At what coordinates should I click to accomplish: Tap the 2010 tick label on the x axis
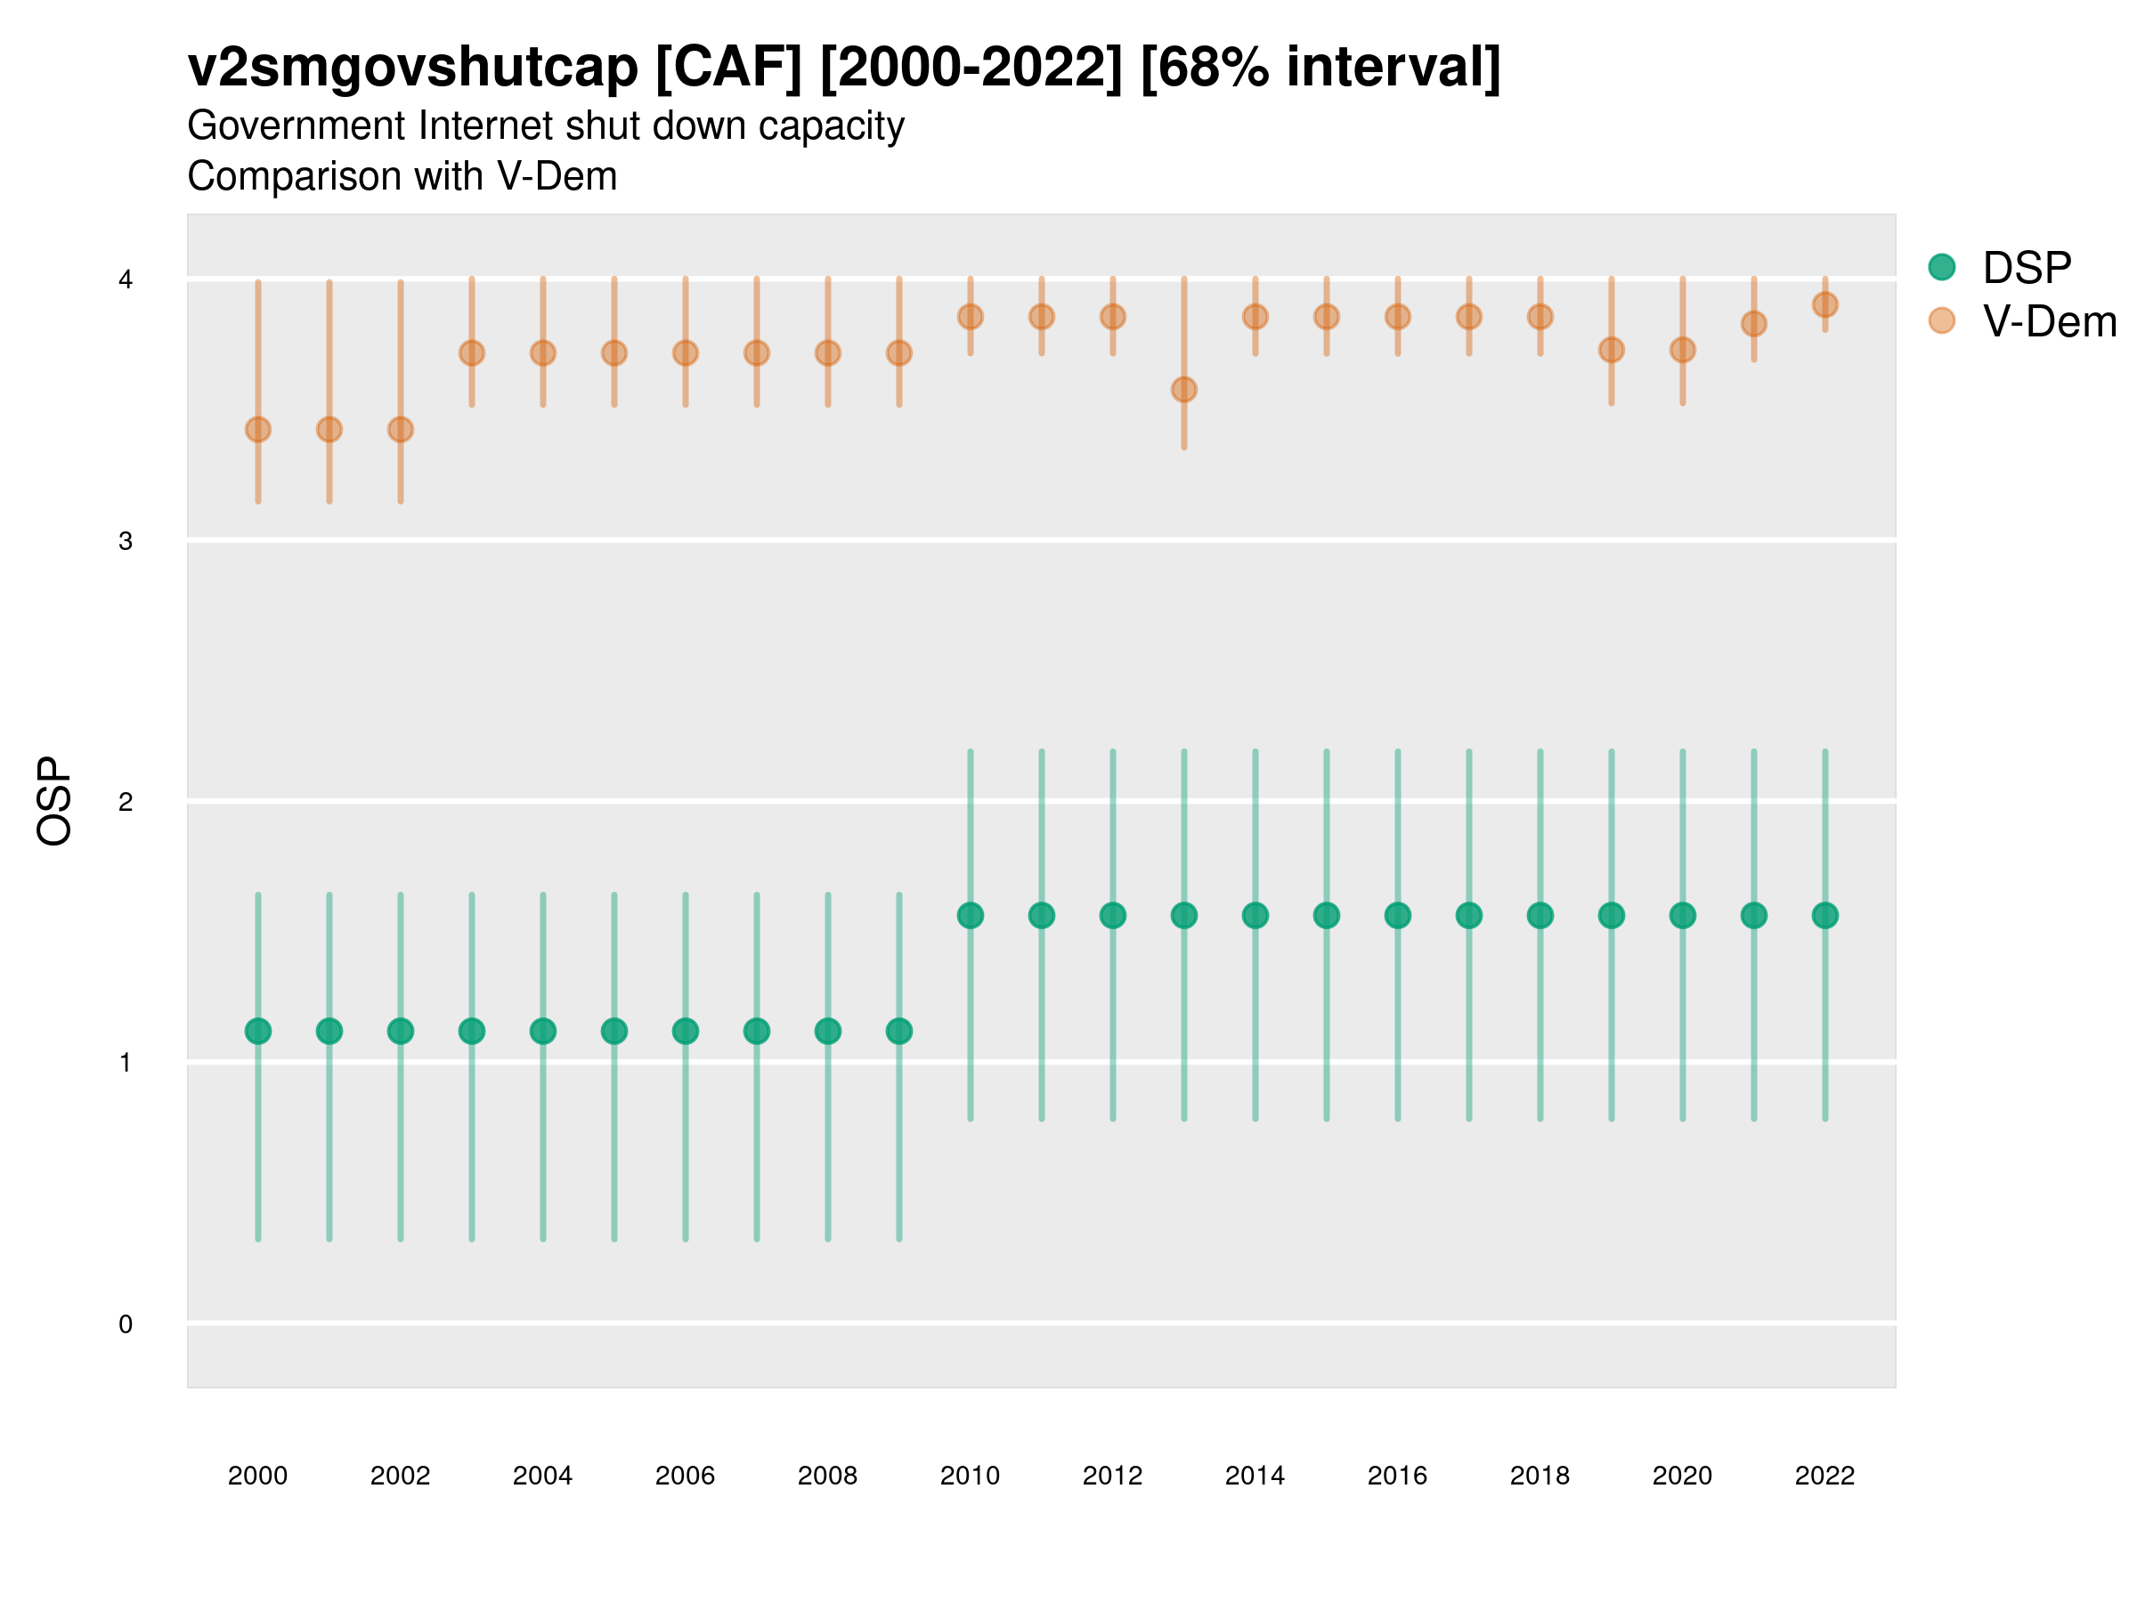[970, 1476]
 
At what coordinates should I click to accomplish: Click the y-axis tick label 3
[126, 541]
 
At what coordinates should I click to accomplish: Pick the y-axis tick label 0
[126, 1324]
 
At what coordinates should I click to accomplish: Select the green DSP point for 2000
[258, 1032]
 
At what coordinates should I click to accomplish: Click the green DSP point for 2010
[970, 916]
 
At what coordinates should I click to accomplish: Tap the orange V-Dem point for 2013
[1183, 390]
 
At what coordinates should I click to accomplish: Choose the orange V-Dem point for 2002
[400, 430]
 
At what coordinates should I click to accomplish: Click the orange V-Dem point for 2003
[471, 353]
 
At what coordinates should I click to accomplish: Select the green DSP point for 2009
[898, 1032]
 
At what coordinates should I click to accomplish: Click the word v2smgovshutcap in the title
[412, 68]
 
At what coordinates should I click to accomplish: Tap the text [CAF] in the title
[728, 68]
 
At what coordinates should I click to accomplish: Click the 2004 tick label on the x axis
[542, 1476]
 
